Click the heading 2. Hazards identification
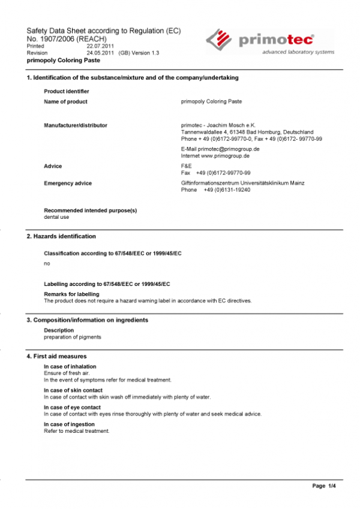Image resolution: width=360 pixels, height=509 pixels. click(x=61, y=236)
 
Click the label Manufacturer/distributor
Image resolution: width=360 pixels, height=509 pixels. click(x=76, y=125)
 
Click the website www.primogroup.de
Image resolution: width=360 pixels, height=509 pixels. click(x=225, y=155)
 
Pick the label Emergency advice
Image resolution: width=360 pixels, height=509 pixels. click(x=68, y=183)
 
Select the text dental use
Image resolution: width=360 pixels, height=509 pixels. click(x=56, y=216)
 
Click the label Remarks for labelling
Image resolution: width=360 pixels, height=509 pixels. click(x=71, y=294)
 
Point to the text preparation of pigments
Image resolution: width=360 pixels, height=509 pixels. click(x=73, y=336)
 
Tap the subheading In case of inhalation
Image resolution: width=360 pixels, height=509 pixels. click(x=70, y=366)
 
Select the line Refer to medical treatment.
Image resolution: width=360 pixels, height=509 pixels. click(x=77, y=431)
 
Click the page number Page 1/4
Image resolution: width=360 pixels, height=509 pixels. click(x=324, y=485)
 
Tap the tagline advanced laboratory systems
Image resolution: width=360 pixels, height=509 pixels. click(x=298, y=52)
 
